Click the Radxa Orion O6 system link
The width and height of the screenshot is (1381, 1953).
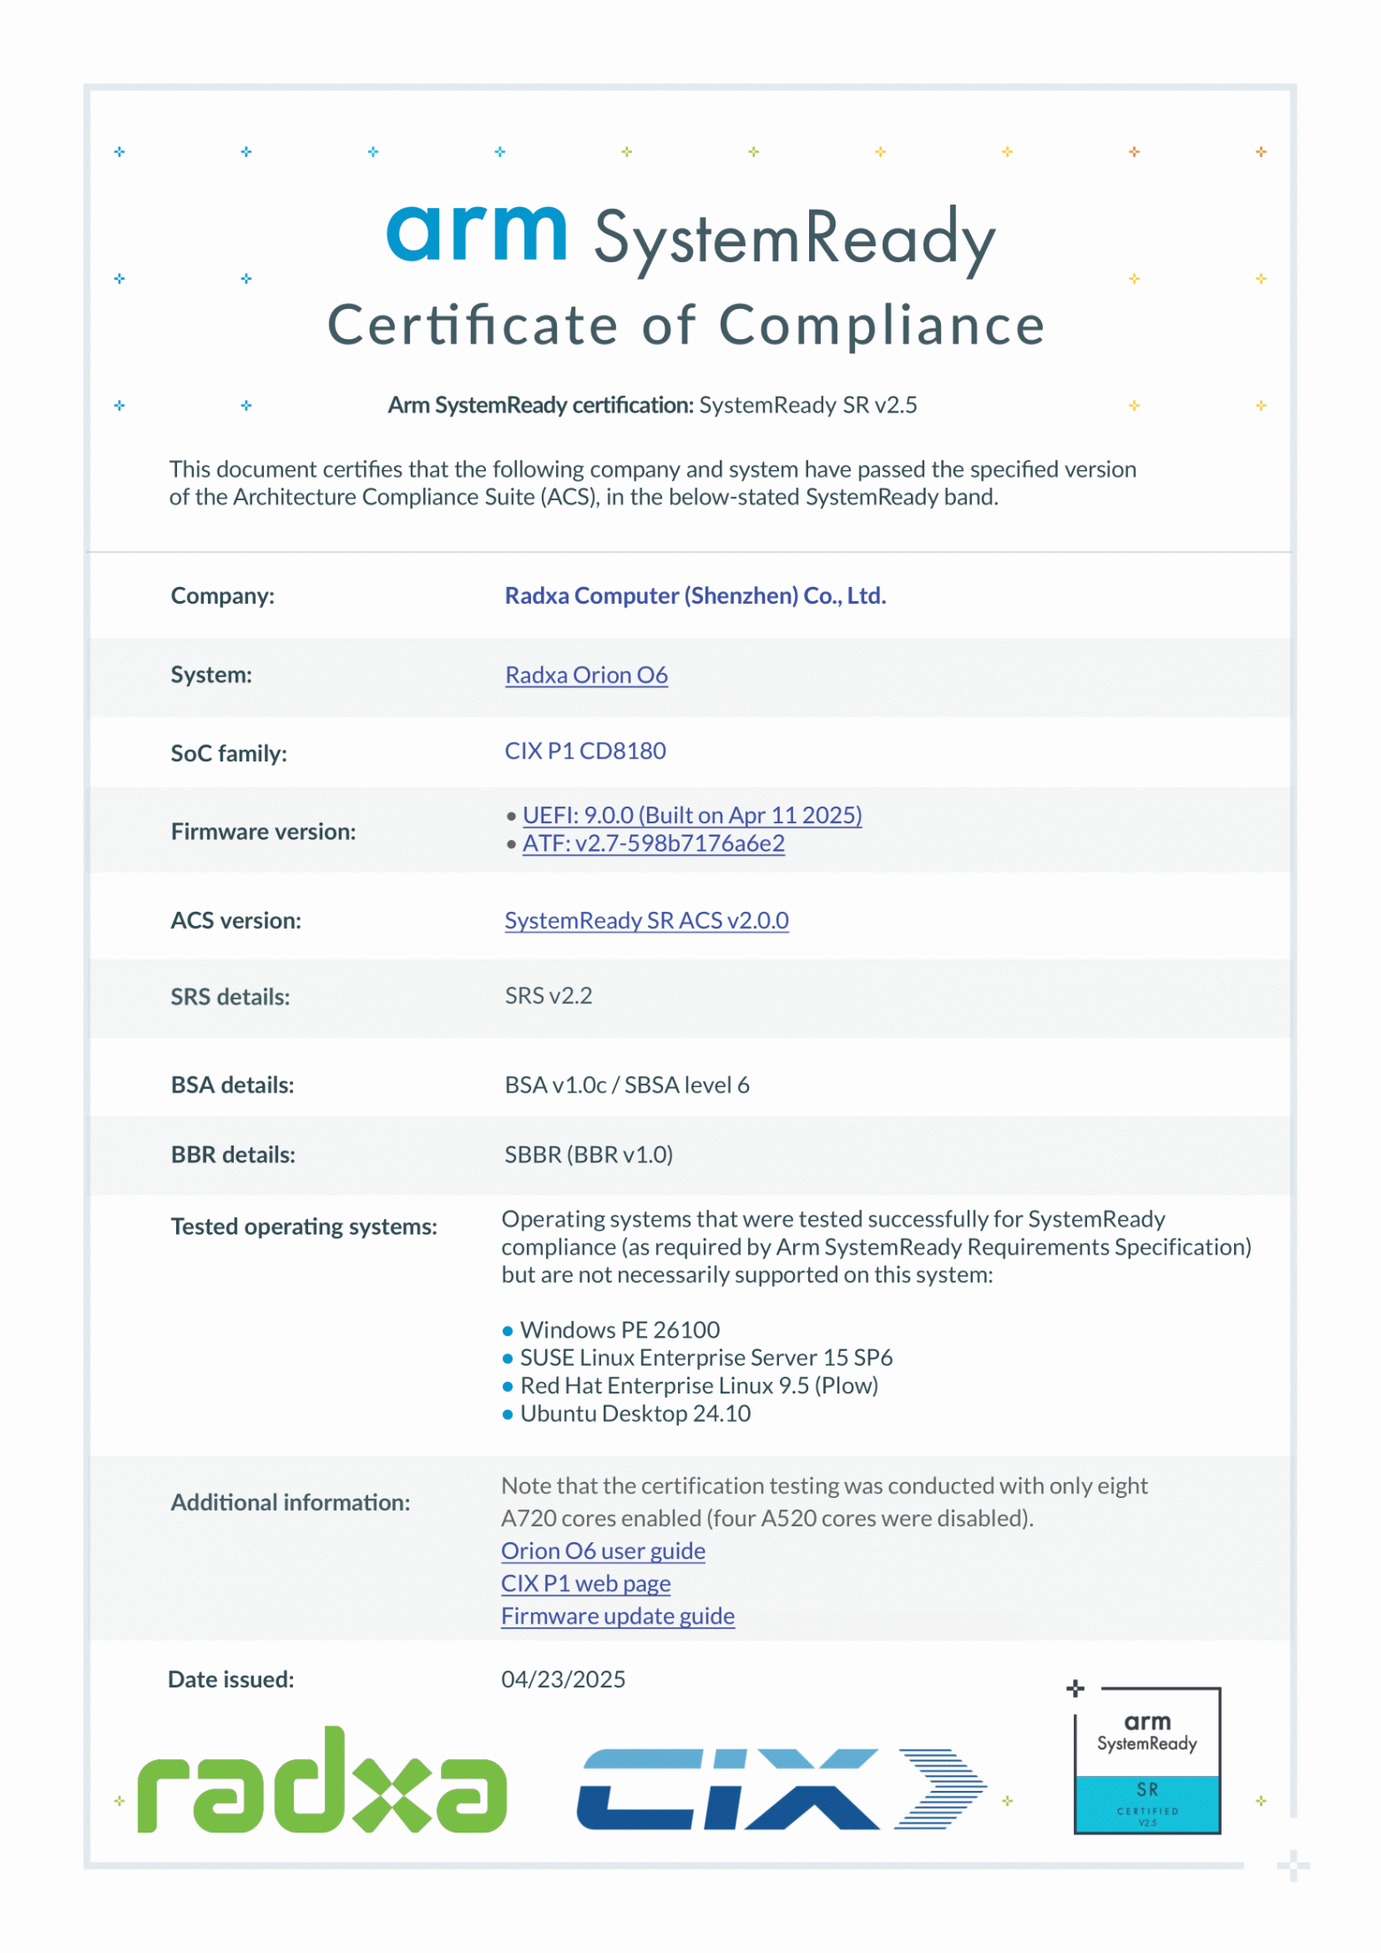[586, 675]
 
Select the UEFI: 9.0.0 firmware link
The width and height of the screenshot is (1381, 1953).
[691, 814]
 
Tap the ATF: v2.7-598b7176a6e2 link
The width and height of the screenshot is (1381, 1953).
[653, 843]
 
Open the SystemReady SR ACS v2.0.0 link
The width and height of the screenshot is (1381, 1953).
[646, 921]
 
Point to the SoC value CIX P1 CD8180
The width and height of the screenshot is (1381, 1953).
[585, 751]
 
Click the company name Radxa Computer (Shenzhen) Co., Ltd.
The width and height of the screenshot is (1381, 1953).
[695, 596]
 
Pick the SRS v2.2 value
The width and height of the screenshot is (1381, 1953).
[548, 996]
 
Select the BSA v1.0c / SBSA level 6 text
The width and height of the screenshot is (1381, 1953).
[627, 1085]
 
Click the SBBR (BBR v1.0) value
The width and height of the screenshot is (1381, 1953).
[589, 1154]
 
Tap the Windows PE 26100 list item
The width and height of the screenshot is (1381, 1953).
[620, 1330]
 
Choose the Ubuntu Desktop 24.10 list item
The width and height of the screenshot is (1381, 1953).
[635, 1414]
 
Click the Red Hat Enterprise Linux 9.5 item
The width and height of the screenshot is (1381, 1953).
[698, 1386]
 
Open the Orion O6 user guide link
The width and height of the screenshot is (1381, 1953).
[603, 1551]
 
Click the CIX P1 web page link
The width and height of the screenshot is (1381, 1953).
[585, 1583]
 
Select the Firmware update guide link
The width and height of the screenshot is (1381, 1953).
[617, 1616]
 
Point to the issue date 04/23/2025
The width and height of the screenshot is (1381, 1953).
[563, 1679]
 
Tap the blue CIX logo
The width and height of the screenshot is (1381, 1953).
[781, 1788]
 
